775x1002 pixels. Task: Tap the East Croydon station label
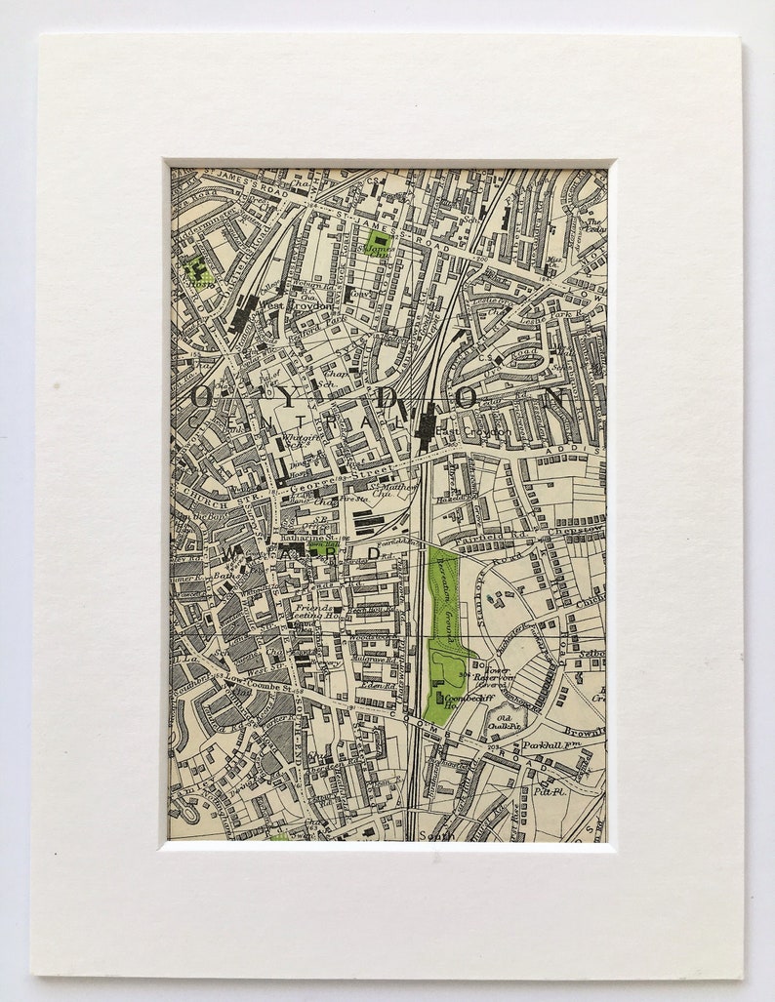coord(473,431)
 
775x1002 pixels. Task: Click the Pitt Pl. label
coord(543,792)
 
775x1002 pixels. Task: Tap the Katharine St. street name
coord(309,536)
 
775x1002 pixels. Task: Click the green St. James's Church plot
coord(379,243)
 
